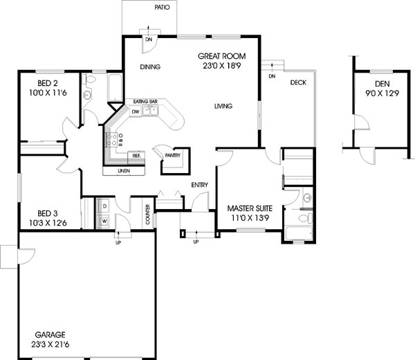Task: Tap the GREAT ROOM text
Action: (221, 56)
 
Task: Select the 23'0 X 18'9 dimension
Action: (221, 66)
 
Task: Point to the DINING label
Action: (150, 67)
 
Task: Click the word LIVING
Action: (223, 106)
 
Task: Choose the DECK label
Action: (298, 82)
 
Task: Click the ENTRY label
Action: (201, 186)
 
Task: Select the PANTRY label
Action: (172, 156)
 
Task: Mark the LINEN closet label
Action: (124, 170)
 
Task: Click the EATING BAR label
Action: (145, 102)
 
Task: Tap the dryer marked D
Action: (104, 206)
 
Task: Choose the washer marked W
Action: (104, 222)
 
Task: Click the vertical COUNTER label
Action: (148, 214)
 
